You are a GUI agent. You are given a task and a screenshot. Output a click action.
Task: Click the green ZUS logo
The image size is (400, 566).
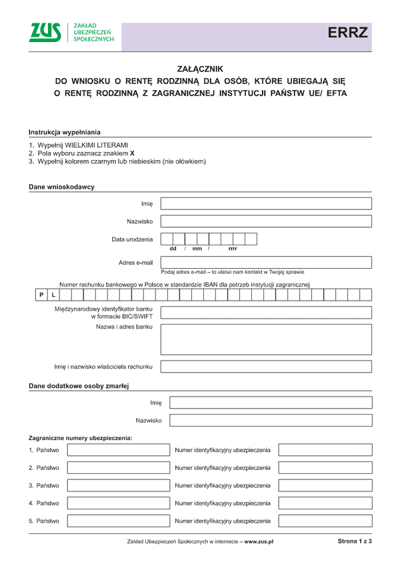45,33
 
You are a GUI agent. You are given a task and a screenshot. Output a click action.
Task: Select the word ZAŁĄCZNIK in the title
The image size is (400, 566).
200,69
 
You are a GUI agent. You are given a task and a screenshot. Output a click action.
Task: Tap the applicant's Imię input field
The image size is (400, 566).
266,203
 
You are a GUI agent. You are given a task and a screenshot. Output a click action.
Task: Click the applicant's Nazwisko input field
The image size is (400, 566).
266,221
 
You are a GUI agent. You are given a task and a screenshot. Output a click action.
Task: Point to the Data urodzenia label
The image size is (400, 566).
132,239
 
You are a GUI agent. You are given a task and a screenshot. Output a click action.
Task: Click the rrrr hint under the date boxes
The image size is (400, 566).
233,249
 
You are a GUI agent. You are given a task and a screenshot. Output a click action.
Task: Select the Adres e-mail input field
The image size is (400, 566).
266,262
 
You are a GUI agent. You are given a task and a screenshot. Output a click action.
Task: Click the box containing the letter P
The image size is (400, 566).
41,295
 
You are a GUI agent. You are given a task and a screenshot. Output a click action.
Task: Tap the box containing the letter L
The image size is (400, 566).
53,295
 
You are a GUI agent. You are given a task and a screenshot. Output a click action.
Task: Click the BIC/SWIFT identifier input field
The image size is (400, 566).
266,313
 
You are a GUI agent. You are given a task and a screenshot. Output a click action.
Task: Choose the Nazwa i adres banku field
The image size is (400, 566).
266,339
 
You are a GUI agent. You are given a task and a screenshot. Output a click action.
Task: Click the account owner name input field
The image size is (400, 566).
266,367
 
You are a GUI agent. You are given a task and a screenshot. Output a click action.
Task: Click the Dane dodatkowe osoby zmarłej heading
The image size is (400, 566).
79,386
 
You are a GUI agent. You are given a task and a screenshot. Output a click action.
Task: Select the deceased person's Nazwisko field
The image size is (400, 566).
271,420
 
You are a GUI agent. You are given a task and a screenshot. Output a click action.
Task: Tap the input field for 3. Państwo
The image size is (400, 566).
118,485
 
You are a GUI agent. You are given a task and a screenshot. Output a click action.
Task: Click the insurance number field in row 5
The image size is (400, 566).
325,521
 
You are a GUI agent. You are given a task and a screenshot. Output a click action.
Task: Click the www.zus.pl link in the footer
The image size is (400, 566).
259,542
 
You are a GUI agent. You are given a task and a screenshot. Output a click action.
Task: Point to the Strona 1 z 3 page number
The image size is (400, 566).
355,541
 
